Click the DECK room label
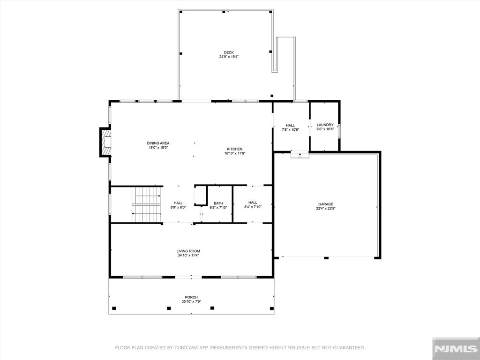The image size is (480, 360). [x=229, y=52]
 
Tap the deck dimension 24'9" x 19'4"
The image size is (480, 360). [x=229, y=57]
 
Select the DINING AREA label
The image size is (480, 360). [x=158, y=143]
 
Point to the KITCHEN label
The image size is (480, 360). [x=235, y=149]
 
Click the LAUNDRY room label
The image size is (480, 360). [x=325, y=125]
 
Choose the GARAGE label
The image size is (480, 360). [x=326, y=204]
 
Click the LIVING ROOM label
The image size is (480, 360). [x=188, y=251]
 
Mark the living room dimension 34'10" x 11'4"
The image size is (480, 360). [x=188, y=255]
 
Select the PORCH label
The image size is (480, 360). [x=191, y=297]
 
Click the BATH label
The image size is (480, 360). [x=218, y=203]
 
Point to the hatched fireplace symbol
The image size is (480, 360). [x=105, y=142]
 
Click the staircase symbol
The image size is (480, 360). [x=146, y=204]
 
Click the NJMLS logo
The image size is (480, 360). [x=456, y=349]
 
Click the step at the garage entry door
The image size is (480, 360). [x=300, y=155]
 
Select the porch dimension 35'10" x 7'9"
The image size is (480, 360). [x=191, y=301]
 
